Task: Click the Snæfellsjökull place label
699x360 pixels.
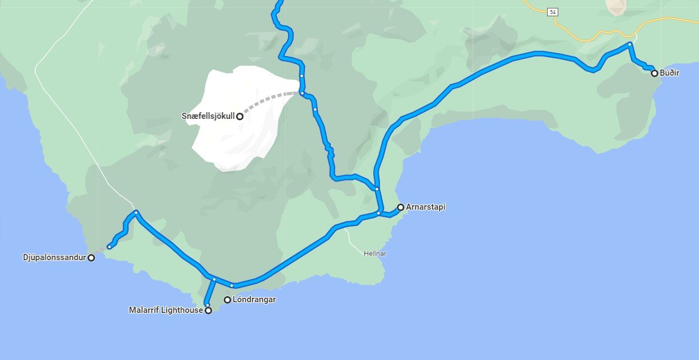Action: [x=208, y=116]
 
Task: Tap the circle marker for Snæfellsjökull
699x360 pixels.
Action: [x=239, y=117]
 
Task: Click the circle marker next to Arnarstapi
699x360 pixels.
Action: [x=401, y=207]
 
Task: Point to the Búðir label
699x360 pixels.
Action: [x=669, y=73]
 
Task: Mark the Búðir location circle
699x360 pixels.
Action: [x=654, y=73]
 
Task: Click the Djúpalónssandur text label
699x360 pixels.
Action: [x=54, y=258]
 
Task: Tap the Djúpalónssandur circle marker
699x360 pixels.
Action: [x=91, y=258]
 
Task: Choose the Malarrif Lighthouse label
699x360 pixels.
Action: [x=165, y=310]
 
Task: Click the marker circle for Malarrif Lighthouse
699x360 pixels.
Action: [x=208, y=310]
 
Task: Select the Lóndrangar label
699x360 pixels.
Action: [x=254, y=299]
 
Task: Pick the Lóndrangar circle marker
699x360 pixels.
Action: [x=228, y=300]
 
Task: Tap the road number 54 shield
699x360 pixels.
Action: [x=553, y=12]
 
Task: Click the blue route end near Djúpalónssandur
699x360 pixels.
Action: [x=109, y=247]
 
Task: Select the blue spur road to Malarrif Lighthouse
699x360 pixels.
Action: [x=211, y=292]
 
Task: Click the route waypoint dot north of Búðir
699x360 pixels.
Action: [x=630, y=44]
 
